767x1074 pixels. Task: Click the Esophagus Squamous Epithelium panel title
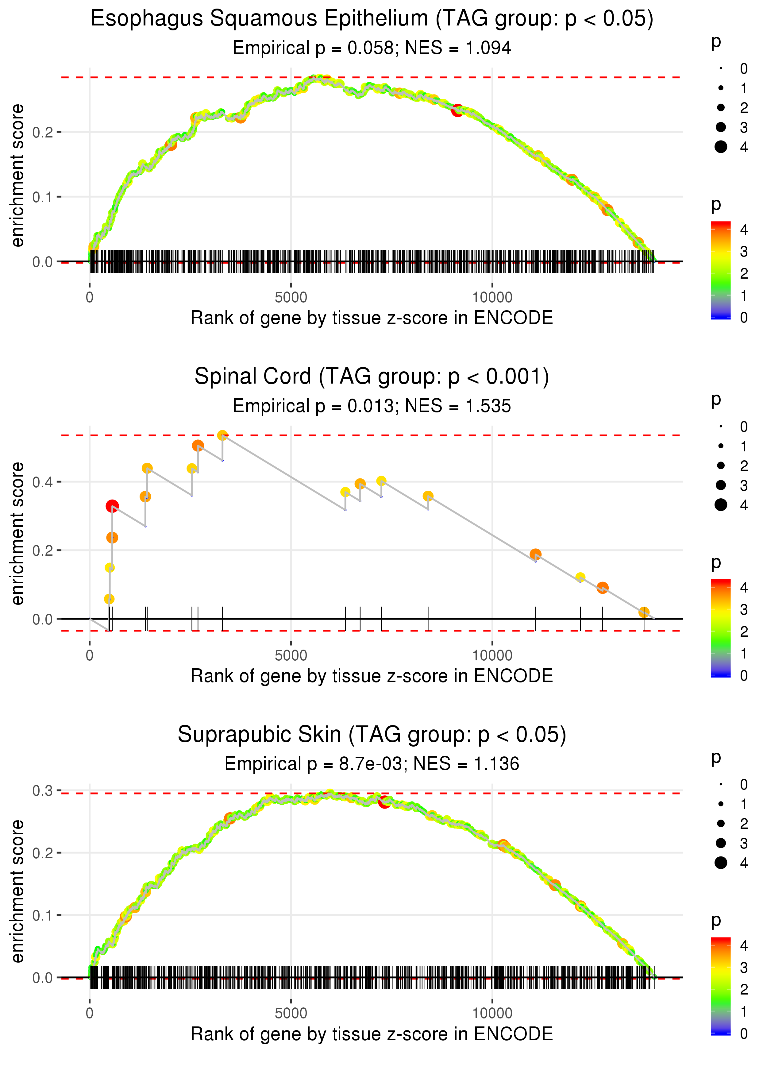372,19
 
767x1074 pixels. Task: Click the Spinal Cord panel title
372,377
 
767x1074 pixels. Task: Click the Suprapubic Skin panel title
372,735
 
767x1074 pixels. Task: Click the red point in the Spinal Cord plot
112,506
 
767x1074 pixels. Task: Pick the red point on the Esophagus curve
457,111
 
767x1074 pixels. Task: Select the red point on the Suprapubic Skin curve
384,802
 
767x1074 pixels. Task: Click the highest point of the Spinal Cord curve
222,435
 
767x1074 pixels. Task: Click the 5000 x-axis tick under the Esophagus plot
291,298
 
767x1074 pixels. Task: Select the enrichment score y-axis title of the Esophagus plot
17,176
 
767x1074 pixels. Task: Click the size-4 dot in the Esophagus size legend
721,147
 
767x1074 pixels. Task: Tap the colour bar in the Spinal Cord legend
721,628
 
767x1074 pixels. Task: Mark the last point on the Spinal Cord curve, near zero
644,612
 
